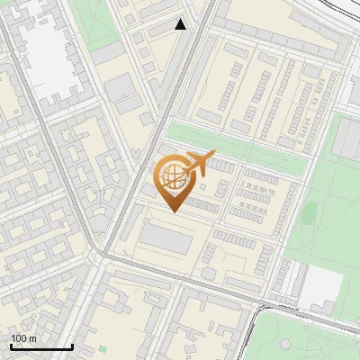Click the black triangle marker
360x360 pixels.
181,24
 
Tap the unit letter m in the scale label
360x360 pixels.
33,338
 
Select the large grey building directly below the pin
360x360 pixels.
166,239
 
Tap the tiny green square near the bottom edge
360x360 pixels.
102,347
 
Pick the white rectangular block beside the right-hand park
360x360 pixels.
320,287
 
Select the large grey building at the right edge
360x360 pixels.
347,148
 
